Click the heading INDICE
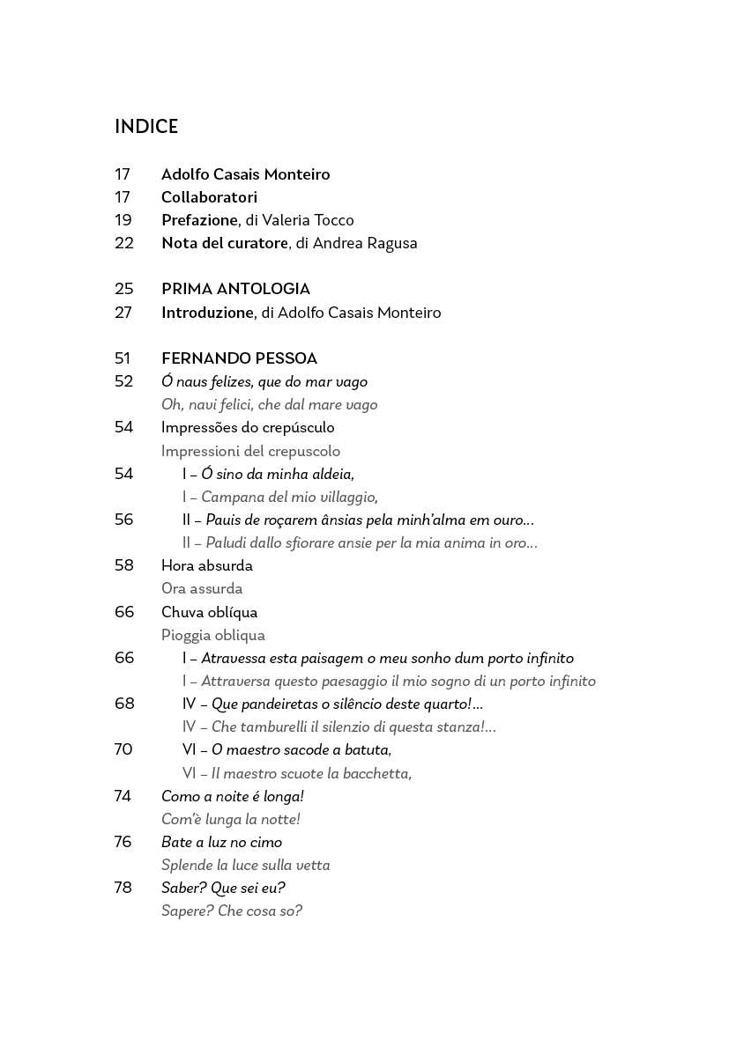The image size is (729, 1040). [146, 127]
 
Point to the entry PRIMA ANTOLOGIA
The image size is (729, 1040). [235, 289]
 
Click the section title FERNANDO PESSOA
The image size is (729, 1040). [239, 358]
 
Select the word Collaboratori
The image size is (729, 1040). [209, 197]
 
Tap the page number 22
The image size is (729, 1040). [123, 243]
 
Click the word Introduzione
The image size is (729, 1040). [207, 313]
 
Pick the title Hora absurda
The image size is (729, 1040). [206, 565]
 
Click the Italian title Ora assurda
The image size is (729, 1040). [202, 588]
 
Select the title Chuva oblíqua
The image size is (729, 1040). [209, 612]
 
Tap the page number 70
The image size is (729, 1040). [123, 749]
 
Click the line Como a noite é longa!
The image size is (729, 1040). [233, 796]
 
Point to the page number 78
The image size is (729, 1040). [123, 888]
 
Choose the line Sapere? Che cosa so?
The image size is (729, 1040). [232, 911]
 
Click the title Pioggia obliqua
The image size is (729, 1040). [212, 635]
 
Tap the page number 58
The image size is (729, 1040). [123, 565]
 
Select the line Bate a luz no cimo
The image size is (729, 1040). [221, 842]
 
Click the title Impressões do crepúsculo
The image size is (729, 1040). [248, 427]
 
